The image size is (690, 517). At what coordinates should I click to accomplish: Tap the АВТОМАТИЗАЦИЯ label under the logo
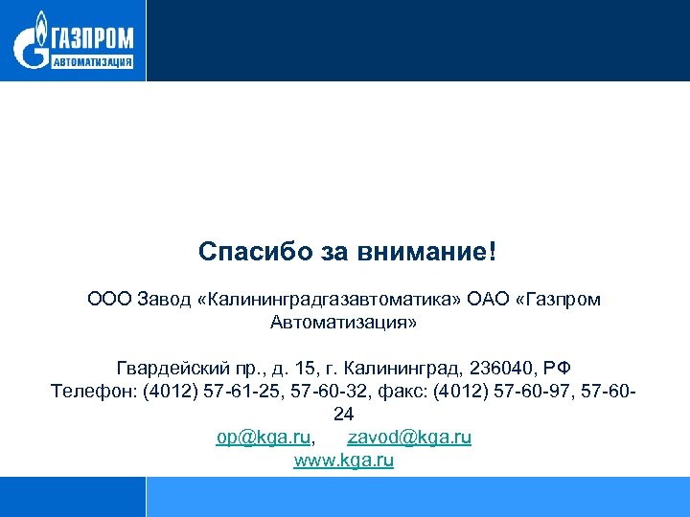[x=91, y=63]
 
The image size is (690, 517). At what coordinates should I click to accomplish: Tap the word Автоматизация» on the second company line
[x=344, y=323]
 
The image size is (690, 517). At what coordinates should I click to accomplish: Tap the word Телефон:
[x=93, y=392]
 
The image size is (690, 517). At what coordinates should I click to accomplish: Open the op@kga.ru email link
[x=264, y=438]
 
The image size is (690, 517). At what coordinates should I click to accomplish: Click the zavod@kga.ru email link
[x=409, y=438]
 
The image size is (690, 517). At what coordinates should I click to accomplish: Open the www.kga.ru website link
[x=344, y=461]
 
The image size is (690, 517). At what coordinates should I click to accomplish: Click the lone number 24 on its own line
[x=344, y=415]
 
